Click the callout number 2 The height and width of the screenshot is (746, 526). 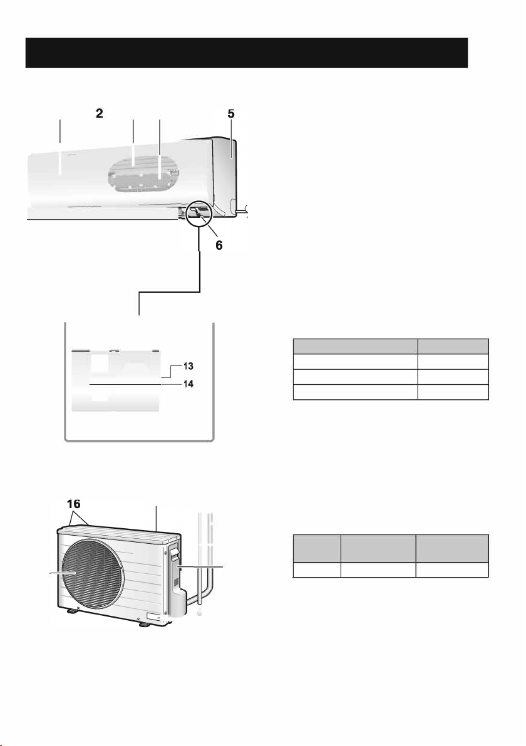99,113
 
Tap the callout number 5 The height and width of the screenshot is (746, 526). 231,113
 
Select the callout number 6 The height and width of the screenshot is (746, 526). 219,245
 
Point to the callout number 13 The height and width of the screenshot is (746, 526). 188,366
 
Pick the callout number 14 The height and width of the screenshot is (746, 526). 188,384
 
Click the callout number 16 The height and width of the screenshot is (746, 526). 74,504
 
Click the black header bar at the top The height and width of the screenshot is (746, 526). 247,53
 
